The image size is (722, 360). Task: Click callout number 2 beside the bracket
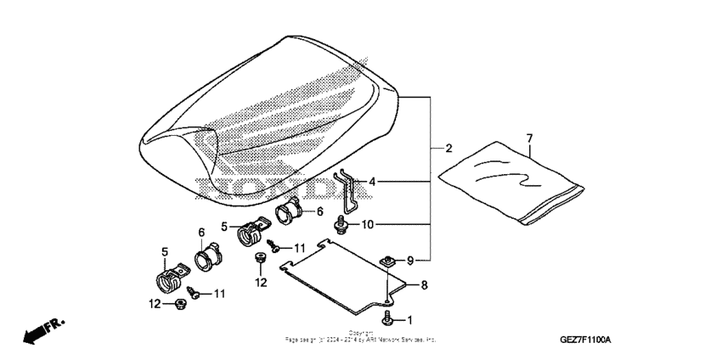click(x=448, y=148)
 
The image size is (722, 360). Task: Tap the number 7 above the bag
click(x=529, y=138)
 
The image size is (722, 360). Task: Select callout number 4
click(x=370, y=181)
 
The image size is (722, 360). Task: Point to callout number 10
click(x=368, y=224)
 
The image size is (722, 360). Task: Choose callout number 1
click(x=410, y=320)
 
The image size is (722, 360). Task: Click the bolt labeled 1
click(x=387, y=319)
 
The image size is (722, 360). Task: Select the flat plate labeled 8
click(x=336, y=273)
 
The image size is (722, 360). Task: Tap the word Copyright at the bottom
click(x=360, y=333)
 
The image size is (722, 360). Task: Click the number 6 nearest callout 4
click(x=320, y=211)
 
